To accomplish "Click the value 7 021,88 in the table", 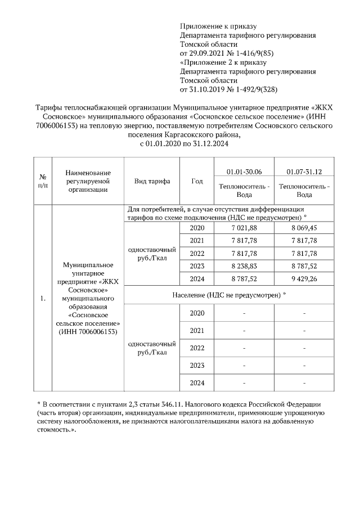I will point(244,228).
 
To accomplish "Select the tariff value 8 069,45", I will point(304,228).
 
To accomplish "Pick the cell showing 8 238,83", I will point(244,265).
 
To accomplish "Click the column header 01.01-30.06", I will point(244,171).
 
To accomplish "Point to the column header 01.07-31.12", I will point(304,171).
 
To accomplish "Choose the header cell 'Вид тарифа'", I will point(151,181).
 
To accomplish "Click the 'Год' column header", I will point(197,181).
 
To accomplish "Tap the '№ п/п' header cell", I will point(42,181).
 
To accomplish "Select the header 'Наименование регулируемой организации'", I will point(88,181).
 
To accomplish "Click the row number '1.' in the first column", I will point(42,299).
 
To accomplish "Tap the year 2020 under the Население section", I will point(197,313).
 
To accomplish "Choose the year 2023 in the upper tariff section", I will point(197,265).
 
